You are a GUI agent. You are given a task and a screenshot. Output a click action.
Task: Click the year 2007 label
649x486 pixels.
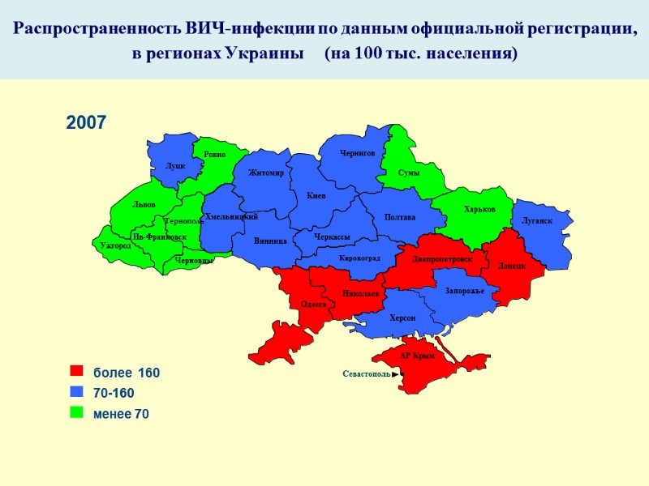pyautogui.click(x=86, y=123)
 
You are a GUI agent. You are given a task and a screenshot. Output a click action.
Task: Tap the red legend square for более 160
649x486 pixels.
pyautogui.click(x=77, y=372)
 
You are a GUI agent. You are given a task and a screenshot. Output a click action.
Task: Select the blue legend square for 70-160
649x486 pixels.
pyautogui.click(x=77, y=392)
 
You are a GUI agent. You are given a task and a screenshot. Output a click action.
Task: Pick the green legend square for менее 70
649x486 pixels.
pyautogui.click(x=77, y=412)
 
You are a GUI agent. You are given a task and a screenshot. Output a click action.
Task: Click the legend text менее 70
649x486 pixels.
pyautogui.click(x=121, y=413)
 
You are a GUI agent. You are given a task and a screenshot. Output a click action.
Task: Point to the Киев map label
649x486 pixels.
pyautogui.click(x=316, y=196)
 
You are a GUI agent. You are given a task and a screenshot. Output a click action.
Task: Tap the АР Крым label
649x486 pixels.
pyautogui.click(x=418, y=356)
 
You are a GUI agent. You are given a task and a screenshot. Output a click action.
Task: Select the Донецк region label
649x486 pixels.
pyautogui.click(x=513, y=265)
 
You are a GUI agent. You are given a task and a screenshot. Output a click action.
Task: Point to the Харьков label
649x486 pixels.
pyautogui.click(x=479, y=210)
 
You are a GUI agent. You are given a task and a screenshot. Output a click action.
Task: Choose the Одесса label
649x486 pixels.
pyautogui.click(x=313, y=305)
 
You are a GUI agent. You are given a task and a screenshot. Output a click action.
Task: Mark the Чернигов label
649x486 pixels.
pyautogui.click(x=358, y=152)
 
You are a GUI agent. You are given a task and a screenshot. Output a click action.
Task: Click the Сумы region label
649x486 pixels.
pyautogui.click(x=409, y=173)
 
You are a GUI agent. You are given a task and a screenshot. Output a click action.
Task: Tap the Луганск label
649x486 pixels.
pyautogui.click(x=537, y=220)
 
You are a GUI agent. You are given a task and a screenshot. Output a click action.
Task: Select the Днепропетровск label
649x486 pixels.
pyautogui.click(x=442, y=259)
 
